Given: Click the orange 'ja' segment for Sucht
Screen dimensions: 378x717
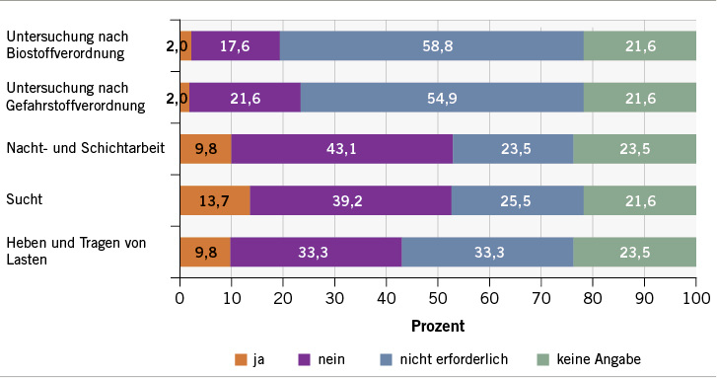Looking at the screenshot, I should pyautogui.click(x=215, y=200).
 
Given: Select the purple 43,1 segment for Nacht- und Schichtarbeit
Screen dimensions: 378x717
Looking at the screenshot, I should pyautogui.click(x=341, y=148).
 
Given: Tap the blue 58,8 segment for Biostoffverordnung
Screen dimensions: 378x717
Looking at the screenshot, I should pyautogui.click(x=432, y=45).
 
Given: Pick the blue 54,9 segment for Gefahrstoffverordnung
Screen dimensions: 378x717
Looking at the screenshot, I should pyautogui.click(x=442, y=97).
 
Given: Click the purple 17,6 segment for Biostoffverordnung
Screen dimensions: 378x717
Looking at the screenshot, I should pyautogui.click(x=236, y=45).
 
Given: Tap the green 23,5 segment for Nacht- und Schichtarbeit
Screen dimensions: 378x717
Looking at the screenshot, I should pyautogui.click(x=634, y=148).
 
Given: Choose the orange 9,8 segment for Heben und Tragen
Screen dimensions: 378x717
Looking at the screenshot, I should pyautogui.click(x=205, y=252).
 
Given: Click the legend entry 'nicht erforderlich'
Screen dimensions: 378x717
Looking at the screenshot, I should pyautogui.click(x=452, y=359).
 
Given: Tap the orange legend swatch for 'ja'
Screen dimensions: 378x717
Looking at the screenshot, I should pyautogui.click(x=241, y=359).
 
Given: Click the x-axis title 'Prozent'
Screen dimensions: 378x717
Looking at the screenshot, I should pyautogui.click(x=437, y=324).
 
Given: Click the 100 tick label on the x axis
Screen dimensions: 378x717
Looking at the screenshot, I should pyautogui.click(x=695, y=297).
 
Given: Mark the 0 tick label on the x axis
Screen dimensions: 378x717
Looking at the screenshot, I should pyautogui.click(x=180, y=297).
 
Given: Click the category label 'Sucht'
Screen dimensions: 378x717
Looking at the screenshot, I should pyautogui.click(x=25, y=199).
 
